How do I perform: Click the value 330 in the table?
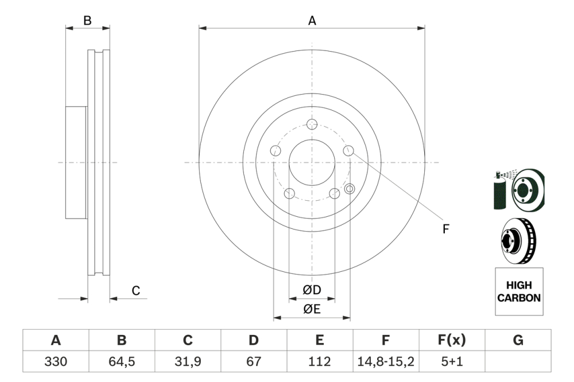tap(56, 362)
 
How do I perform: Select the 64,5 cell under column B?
tap(122, 362)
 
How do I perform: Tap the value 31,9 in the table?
tap(188, 362)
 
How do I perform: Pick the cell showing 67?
tap(254, 362)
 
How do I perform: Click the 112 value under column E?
tap(320, 362)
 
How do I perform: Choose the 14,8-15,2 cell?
tap(386, 362)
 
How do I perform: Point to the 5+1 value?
tap(452, 362)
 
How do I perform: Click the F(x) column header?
tap(452, 341)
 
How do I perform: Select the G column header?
tap(518, 341)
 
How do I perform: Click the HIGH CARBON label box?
tap(518, 291)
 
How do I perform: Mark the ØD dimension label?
tap(312, 290)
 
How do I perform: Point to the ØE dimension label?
tap(312, 309)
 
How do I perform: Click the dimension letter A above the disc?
tap(312, 21)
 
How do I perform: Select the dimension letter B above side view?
tap(87, 21)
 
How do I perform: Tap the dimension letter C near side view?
tap(136, 291)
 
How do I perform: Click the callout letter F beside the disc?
tap(445, 229)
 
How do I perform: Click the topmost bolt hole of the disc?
tap(312, 124)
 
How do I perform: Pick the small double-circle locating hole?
tap(350, 188)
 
